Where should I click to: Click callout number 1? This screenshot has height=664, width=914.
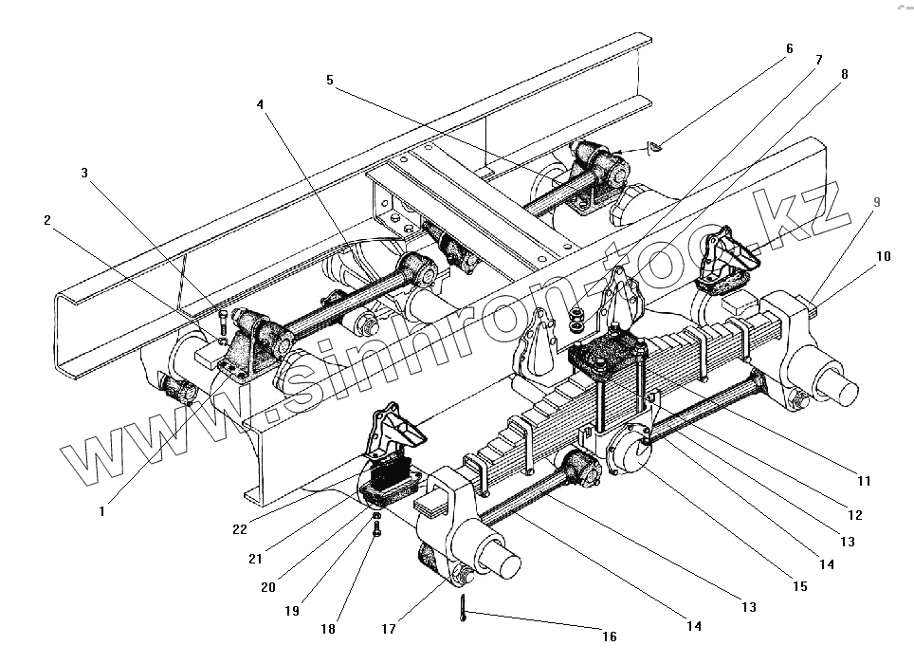point(101,509)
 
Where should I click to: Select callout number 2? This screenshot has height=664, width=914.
point(46,219)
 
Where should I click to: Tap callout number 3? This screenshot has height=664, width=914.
point(84,173)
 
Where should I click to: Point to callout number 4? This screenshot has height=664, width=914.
point(260,105)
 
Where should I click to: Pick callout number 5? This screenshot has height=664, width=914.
point(329,81)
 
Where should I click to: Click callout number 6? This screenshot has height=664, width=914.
point(789,48)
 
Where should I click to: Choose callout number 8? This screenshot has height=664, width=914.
point(844,73)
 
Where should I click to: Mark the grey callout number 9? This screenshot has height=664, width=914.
point(877,202)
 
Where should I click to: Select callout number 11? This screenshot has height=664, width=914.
point(864,481)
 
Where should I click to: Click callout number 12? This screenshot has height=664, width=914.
point(854,515)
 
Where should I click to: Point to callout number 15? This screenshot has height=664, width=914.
point(799,587)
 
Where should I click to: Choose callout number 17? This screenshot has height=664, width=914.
point(387,628)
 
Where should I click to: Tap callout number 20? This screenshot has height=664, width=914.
point(268,587)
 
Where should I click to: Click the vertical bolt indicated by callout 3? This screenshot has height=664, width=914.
point(223,318)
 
